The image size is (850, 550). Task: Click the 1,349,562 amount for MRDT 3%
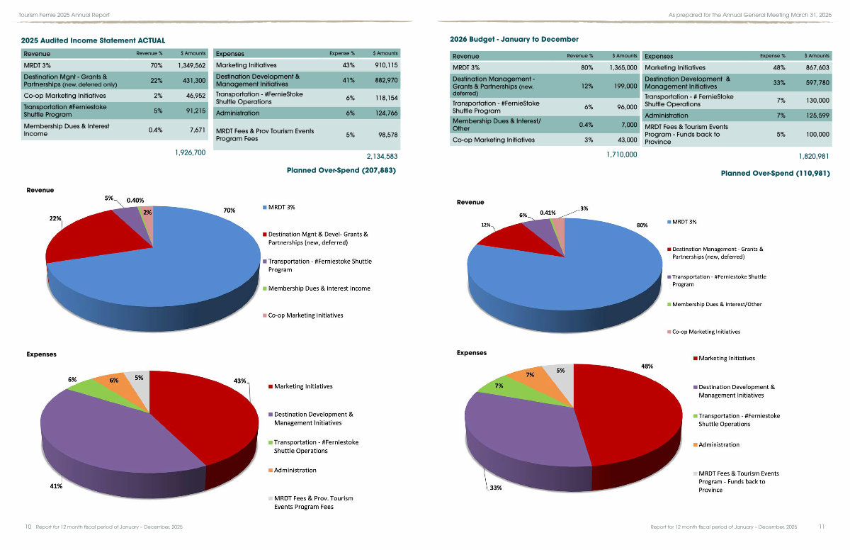[192, 65]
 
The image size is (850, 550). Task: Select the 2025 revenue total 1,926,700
[190, 152]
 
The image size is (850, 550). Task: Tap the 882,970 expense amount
[386, 81]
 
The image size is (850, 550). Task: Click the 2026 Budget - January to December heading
[514, 39]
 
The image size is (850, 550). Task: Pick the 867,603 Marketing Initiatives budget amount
[817, 67]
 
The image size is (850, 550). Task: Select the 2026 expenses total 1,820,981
[814, 157]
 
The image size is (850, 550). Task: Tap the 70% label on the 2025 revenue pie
[229, 211]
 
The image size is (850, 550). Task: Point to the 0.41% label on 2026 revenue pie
[548, 213]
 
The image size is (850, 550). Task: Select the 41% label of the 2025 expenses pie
[56, 486]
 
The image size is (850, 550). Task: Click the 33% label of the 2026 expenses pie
[496, 488]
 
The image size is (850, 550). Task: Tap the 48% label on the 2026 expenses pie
[647, 366]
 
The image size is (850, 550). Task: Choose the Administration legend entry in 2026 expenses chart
[716, 444]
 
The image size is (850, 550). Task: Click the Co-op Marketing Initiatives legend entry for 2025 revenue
[303, 315]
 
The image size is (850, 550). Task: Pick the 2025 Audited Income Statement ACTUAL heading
[93, 40]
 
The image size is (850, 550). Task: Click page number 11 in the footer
[822, 527]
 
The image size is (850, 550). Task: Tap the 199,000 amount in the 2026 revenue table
[625, 86]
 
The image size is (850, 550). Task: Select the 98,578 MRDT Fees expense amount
[388, 135]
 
